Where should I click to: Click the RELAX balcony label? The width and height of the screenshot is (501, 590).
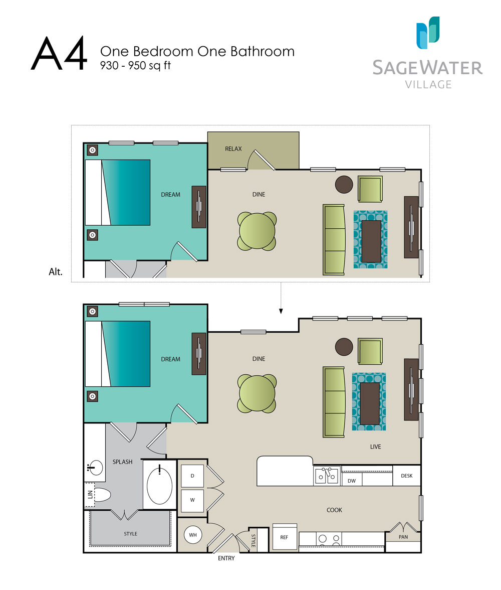[x=233, y=149]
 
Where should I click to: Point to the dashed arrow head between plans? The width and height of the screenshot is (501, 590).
[x=281, y=311]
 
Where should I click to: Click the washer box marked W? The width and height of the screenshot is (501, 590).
[x=192, y=500]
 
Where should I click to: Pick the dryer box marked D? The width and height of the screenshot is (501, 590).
[x=192, y=476]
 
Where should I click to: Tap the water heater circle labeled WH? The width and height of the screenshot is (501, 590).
[x=193, y=535]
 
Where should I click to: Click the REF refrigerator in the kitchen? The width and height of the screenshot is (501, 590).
[x=284, y=537]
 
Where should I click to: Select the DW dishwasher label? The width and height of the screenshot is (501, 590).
[x=351, y=481]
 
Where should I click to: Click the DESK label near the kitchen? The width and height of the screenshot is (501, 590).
[x=406, y=476]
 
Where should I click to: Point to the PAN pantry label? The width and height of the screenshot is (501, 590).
[x=403, y=536]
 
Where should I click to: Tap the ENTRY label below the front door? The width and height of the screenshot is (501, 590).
[x=226, y=558]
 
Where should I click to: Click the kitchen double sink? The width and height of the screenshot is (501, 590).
[x=327, y=476]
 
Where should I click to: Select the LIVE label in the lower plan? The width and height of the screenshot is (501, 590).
[x=375, y=447]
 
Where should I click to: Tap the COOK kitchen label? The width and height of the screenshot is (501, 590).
[x=334, y=510]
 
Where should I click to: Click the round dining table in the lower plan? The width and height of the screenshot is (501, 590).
[x=257, y=394]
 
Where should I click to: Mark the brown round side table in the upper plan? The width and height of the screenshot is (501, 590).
[x=344, y=185]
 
